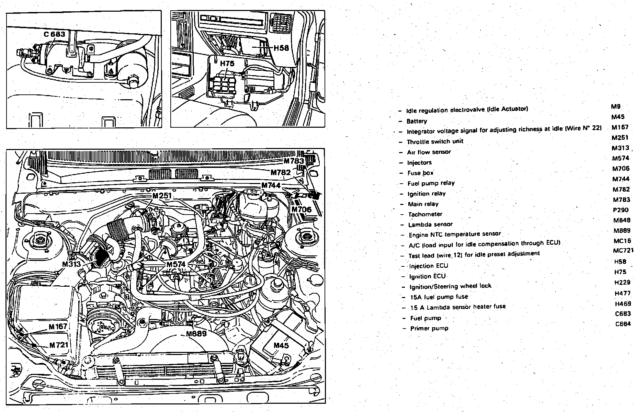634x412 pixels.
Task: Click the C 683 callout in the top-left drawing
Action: pyautogui.click(x=54, y=34)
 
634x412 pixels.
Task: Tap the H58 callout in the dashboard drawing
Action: pyautogui.click(x=281, y=48)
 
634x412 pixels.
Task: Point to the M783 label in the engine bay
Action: pyautogui.click(x=294, y=161)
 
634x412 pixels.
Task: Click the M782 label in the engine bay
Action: pyautogui.click(x=281, y=173)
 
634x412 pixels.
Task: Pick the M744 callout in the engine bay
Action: pyautogui.click(x=271, y=185)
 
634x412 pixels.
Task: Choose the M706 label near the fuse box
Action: pyautogui.click(x=302, y=209)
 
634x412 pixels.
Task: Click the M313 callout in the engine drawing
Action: pyautogui.click(x=71, y=264)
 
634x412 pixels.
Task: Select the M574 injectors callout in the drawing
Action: pyautogui.click(x=176, y=264)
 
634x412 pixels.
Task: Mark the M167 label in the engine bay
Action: pyautogui.click(x=58, y=327)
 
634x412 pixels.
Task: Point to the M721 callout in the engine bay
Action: pyautogui.click(x=59, y=345)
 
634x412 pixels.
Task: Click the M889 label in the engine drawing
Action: pyautogui.click(x=196, y=334)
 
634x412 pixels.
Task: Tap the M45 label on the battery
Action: pyautogui.click(x=281, y=345)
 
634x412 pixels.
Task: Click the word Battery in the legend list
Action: pyautogui.click(x=417, y=121)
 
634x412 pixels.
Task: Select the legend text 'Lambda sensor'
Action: pyautogui.click(x=430, y=225)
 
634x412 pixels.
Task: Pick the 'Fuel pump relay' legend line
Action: pyautogui.click(x=431, y=183)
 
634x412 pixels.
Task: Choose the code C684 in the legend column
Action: pyautogui.click(x=623, y=324)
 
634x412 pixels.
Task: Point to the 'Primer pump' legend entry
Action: pyautogui.click(x=429, y=328)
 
